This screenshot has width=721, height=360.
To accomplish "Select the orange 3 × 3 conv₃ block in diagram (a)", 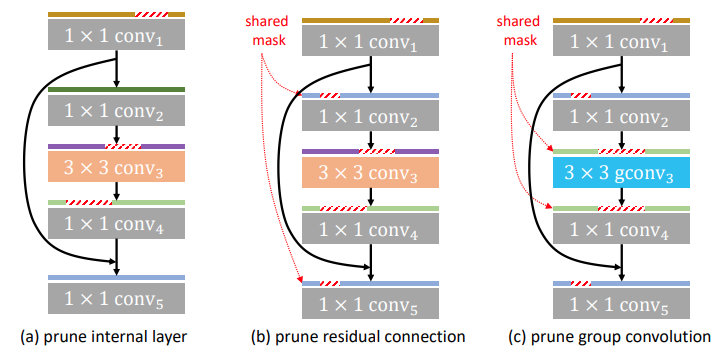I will click(118, 166).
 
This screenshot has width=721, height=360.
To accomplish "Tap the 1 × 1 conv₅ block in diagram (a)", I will click(118, 296).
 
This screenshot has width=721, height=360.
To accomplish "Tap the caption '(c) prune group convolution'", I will click(611, 336).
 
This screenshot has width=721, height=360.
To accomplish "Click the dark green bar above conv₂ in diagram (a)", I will click(118, 90).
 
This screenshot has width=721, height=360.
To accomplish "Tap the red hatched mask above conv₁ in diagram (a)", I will click(152, 16).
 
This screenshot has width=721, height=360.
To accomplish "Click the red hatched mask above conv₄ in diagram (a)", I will click(88, 203).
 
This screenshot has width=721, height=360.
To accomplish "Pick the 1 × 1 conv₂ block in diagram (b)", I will click(371, 115).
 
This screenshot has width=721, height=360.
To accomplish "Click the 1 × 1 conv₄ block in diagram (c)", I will click(621, 229).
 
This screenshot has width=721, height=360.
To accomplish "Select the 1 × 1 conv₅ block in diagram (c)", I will click(621, 303).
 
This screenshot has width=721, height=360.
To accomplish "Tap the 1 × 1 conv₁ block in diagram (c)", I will click(621, 41).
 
